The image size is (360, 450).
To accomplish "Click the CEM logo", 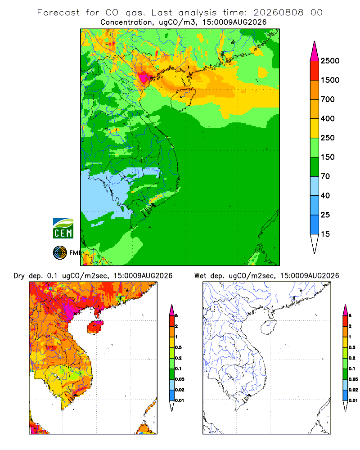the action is tap(63, 229).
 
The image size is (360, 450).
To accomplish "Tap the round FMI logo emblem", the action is tap(60, 253).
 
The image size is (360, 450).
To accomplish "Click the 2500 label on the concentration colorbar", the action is tap(330, 61).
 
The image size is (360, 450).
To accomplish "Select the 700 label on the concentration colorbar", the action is tap(328, 99).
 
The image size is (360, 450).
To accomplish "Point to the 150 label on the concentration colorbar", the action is tap(328, 157).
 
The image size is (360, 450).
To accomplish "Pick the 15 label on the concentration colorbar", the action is tap(325, 234).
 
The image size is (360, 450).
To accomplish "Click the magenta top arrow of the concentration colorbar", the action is tap(315, 51).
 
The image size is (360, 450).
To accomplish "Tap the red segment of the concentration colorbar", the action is tap(315, 71).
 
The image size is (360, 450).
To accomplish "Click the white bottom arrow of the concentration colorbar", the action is tap(315, 243).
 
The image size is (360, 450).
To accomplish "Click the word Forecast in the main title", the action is tap(58, 13).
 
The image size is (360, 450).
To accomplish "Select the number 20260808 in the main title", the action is tap(278, 13).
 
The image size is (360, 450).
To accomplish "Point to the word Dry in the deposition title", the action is tap(19, 276).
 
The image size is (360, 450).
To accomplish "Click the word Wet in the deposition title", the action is tap(200, 275).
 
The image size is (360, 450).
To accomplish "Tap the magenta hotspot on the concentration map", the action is tap(144, 77).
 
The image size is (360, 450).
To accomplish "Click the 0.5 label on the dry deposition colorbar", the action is tap(178, 347).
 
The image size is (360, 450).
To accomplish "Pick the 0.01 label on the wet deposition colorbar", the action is tap(353, 400).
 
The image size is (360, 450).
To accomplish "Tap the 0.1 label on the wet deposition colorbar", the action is tap(352, 369).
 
